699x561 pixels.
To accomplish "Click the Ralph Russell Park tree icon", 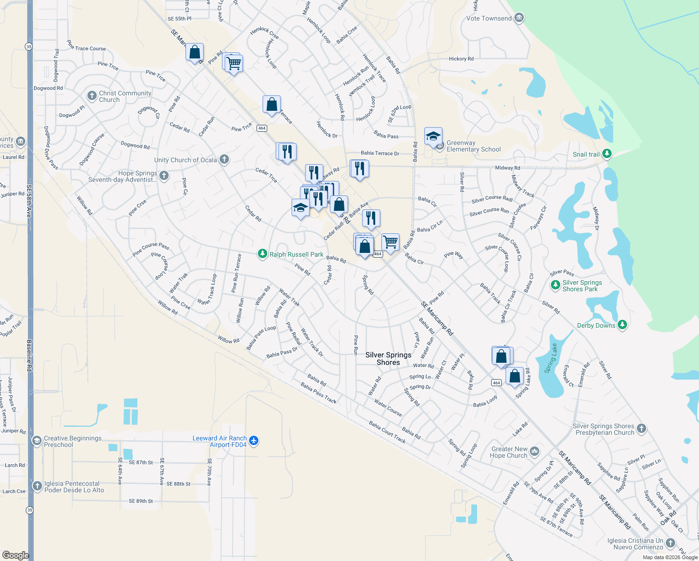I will coord(263,254).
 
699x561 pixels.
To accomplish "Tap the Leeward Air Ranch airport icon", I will coord(254,440).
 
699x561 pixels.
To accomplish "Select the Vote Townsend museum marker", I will coord(519,18).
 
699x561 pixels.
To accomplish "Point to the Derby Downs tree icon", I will coord(622,325).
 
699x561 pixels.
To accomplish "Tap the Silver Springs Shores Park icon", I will coord(556,285).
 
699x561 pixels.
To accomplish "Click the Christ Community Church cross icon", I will coord(92,96).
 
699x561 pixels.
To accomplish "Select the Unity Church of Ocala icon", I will coord(224,159).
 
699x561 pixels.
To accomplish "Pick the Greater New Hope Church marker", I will coord(535,451).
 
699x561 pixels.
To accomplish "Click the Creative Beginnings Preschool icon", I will coord(36,441).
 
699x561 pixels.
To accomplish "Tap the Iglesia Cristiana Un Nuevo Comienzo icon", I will coord(670,543).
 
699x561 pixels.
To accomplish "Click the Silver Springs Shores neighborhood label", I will coord(388,359).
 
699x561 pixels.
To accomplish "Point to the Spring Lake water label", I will coord(551,358).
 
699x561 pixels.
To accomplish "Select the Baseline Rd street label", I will coord(29,355).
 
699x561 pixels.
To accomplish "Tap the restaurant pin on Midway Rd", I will coord(359,168).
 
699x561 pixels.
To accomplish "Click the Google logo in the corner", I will coord(15,555).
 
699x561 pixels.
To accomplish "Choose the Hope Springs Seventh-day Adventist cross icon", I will coord(164,175).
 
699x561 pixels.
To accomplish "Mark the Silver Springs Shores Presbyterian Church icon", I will coord(642,428).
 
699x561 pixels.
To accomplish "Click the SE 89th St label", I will coord(141,501).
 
